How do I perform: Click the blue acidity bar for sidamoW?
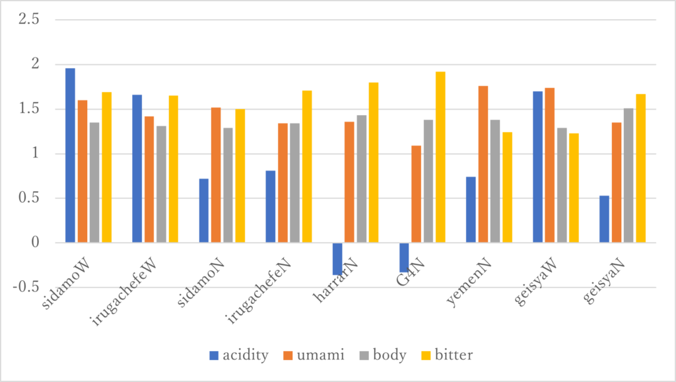70,155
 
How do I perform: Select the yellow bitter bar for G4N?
440,157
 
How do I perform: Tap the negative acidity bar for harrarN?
337,258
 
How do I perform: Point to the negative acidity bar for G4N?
403,257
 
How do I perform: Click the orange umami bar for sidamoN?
216,175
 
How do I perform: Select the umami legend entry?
316,356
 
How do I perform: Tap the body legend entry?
385,356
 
